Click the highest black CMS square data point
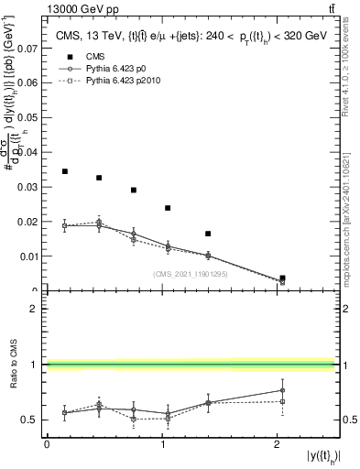point(65,171)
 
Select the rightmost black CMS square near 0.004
point(282,278)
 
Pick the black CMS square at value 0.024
point(168,208)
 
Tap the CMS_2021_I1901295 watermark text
point(191,274)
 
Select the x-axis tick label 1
point(162,445)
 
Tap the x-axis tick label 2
point(278,445)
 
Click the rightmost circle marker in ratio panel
point(282,390)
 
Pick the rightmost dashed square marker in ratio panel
point(282,401)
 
